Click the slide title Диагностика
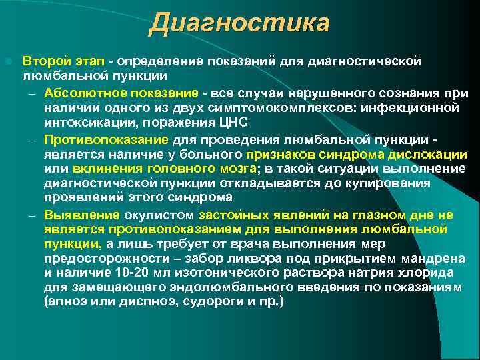tap(239, 23)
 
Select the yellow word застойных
tap(231, 215)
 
